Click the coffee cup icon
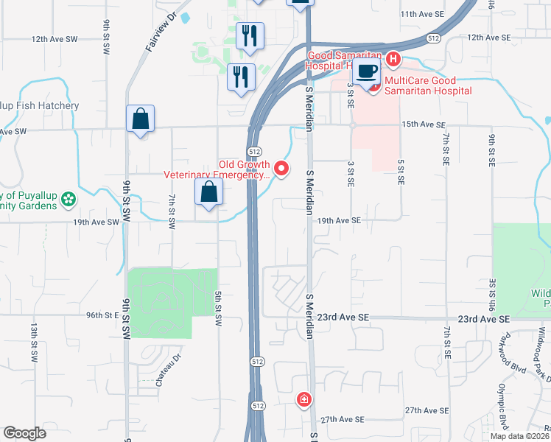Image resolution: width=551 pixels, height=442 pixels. click(x=367, y=72)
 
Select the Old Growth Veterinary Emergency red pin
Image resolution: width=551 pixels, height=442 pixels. click(x=281, y=169)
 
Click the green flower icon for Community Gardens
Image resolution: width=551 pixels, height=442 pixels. click(x=68, y=199)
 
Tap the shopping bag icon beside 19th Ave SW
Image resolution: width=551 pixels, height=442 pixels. click(x=209, y=193)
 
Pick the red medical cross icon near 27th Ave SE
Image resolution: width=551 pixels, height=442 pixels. click(x=303, y=400)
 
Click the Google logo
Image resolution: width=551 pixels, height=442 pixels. click(x=24, y=433)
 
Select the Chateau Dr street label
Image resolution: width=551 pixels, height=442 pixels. click(x=169, y=374)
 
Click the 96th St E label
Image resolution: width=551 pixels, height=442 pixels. click(x=102, y=315)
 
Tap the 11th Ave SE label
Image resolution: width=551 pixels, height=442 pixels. click(x=422, y=14)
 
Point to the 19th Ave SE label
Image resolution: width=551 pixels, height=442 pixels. click(x=340, y=220)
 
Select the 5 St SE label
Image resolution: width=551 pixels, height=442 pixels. click(x=400, y=175)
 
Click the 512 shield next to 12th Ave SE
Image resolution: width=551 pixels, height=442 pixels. click(x=435, y=38)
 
